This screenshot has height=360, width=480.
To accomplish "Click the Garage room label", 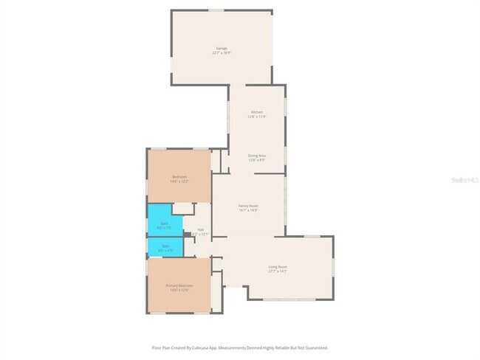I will [222, 49].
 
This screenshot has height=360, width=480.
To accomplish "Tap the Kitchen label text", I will [256, 112].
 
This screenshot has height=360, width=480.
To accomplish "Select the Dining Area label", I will [256, 156].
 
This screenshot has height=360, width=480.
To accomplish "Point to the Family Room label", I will [247, 206].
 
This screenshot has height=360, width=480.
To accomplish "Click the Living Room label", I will [278, 266].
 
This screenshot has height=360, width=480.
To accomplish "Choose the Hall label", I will [200, 229].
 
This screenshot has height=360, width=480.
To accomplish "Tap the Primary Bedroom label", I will [179, 285].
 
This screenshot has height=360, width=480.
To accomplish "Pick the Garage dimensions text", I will [222, 53].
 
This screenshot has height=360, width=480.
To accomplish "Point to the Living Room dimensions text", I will [278, 271].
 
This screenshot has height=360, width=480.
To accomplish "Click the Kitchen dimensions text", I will [256, 117].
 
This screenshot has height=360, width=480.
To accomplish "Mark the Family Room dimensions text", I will [247, 211].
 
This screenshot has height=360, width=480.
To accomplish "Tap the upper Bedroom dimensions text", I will [179, 181].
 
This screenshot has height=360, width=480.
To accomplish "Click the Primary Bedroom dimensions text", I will [179, 291].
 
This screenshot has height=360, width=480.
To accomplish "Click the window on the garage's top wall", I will [215, 10].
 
